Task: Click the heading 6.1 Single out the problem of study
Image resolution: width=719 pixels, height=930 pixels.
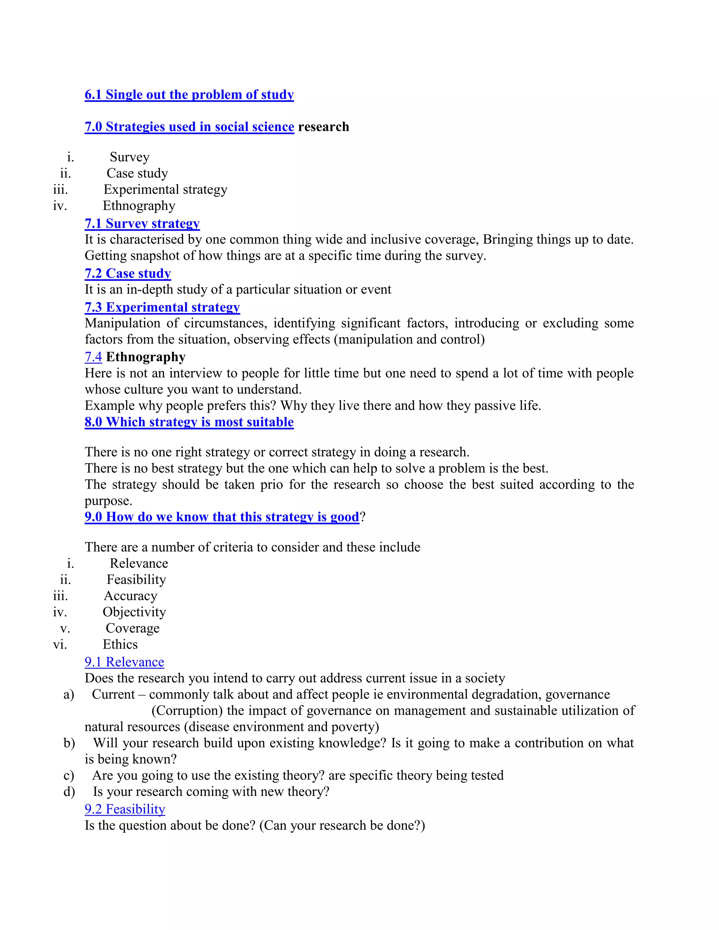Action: click(x=189, y=94)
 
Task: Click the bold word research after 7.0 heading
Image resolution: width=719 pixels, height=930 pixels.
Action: click(x=323, y=127)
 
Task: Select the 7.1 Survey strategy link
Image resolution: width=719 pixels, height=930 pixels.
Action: click(x=142, y=224)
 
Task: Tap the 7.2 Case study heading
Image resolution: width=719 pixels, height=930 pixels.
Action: click(x=128, y=273)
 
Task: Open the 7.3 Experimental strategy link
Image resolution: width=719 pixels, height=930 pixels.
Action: click(x=162, y=307)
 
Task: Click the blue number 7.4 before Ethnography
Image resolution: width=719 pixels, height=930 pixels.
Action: click(x=93, y=357)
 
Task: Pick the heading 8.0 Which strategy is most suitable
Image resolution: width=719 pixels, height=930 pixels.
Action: click(x=189, y=422)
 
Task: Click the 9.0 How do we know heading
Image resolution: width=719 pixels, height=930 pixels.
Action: click(x=222, y=517)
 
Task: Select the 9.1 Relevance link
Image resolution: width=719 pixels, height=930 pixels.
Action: click(x=124, y=662)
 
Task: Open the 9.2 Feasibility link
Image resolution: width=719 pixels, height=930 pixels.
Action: click(x=125, y=809)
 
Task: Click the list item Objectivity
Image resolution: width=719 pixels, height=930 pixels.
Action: click(x=134, y=612)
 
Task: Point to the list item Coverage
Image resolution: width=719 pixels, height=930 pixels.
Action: click(x=132, y=629)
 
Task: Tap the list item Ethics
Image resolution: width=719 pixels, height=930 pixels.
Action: click(x=120, y=645)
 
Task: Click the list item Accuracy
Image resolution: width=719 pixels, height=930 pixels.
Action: click(x=130, y=596)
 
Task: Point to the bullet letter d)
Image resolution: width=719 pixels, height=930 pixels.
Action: click(x=69, y=792)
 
